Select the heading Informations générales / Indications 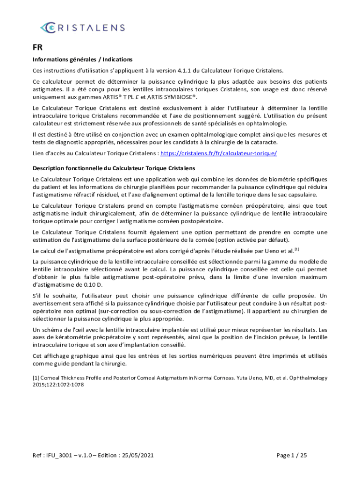click(82, 59)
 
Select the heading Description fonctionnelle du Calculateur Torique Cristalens click(114, 168)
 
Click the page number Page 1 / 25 click(292, 455)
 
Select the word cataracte click(265, 142)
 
